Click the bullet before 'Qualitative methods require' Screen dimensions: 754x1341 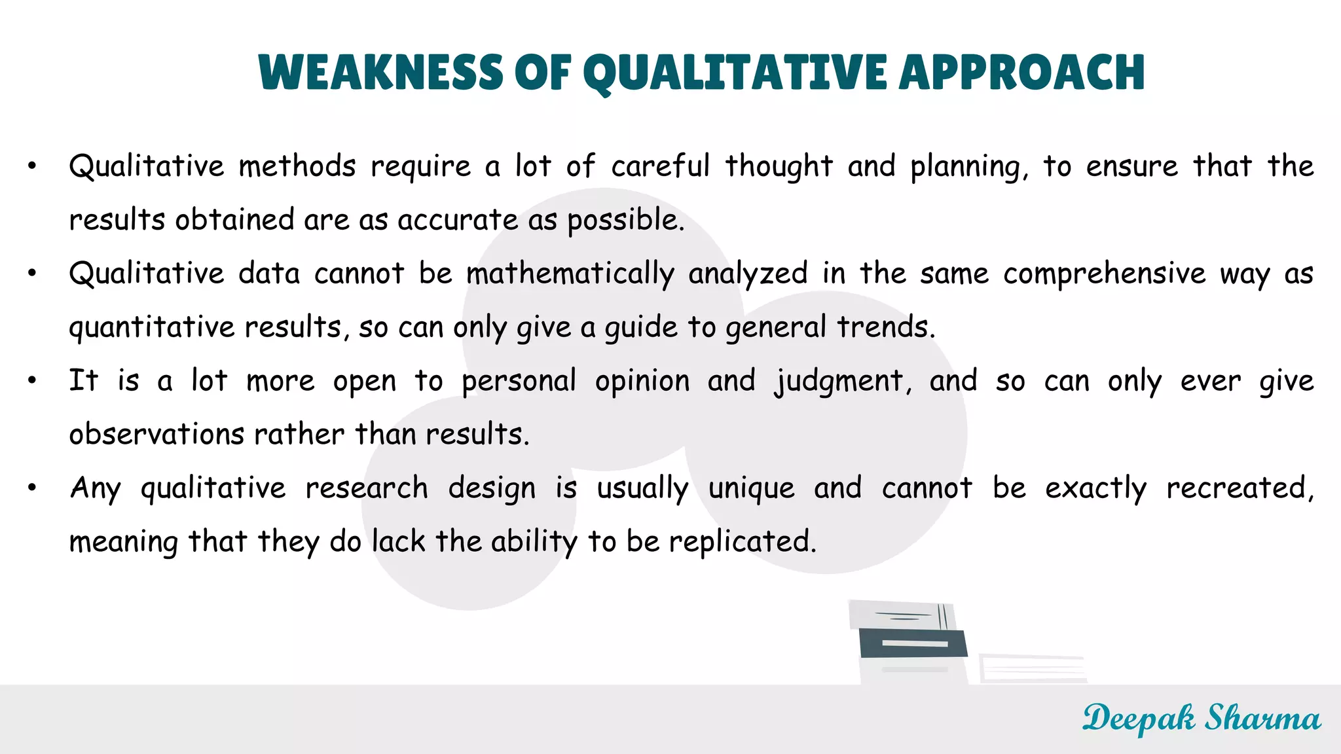click(x=31, y=166)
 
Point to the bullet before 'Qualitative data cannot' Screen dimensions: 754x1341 click(x=31, y=273)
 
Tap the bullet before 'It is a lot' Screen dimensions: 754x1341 click(x=31, y=380)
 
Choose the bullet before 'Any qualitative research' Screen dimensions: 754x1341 click(x=31, y=488)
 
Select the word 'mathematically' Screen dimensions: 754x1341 click(x=570, y=274)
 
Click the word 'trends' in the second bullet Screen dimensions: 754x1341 click(x=885, y=327)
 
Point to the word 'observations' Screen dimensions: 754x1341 click(x=156, y=434)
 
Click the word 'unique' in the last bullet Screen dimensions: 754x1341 click(x=752, y=489)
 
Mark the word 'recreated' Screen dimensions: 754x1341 click(x=1240, y=488)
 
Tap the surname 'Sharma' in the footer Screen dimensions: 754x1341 click(x=1264, y=718)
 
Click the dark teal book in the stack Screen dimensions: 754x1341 click(x=913, y=643)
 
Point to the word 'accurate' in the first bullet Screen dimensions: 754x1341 click(x=458, y=220)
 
